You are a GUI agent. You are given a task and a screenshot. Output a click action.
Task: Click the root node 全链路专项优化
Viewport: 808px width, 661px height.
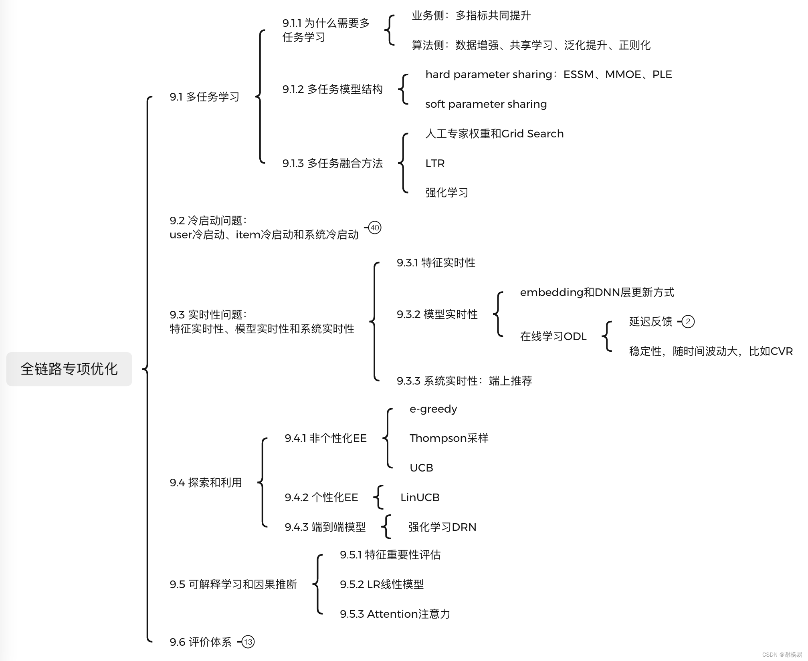pyautogui.click(x=69, y=369)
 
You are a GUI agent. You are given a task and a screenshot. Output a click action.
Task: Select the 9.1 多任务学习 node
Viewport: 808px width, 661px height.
pyautogui.click(x=204, y=97)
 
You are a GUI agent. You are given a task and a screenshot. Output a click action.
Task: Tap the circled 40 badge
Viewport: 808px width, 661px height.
pyautogui.click(x=375, y=228)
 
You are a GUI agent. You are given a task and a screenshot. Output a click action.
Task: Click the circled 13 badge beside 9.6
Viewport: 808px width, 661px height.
pyautogui.click(x=248, y=642)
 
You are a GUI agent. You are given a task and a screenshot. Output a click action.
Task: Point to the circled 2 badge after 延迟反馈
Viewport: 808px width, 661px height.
pyautogui.click(x=688, y=322)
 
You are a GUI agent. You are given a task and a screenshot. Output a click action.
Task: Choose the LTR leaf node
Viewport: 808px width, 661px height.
pyautogui.click(x=435, y=163)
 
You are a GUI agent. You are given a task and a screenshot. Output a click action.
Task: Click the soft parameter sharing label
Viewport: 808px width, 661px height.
pyautogui.click(x=486, y=104)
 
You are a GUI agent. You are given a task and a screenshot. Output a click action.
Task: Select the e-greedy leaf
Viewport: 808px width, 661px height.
pyautogui.click(x=433, y=409)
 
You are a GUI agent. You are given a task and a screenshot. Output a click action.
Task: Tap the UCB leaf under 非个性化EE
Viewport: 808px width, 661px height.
pyautogui.click(x=421, y=468)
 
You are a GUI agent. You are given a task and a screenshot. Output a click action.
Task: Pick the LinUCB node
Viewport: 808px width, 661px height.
pyautogui.click(x=420, y=498)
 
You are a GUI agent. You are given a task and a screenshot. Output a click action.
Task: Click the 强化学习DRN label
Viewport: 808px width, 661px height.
pyautogui.click(x=442, y=527)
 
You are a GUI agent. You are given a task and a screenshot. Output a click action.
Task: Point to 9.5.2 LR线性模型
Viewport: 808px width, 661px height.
pyautogui.click(x=382, y=584)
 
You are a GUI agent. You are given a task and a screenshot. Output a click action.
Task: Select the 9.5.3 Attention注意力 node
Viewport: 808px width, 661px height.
pyautogui.click(x=395, y=614)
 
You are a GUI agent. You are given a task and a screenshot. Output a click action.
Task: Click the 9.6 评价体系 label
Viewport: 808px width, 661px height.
pyautogui.click(x=200, y=642)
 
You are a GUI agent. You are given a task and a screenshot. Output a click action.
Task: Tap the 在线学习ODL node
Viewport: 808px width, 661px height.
pyautogui.click(x=553, y=337)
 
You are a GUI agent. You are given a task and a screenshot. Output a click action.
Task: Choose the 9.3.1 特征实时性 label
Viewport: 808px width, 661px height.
pyautogui.click(x=436, y=263)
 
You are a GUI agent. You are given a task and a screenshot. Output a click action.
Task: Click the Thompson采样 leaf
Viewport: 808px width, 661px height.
pyautogui.click(x=449, y=438)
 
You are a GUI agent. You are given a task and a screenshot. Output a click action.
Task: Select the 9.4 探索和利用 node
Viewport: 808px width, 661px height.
pyautogui.click(x=206, y=483)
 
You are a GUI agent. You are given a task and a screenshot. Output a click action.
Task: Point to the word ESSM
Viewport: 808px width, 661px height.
pyautogui.click(x=578, y=75)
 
